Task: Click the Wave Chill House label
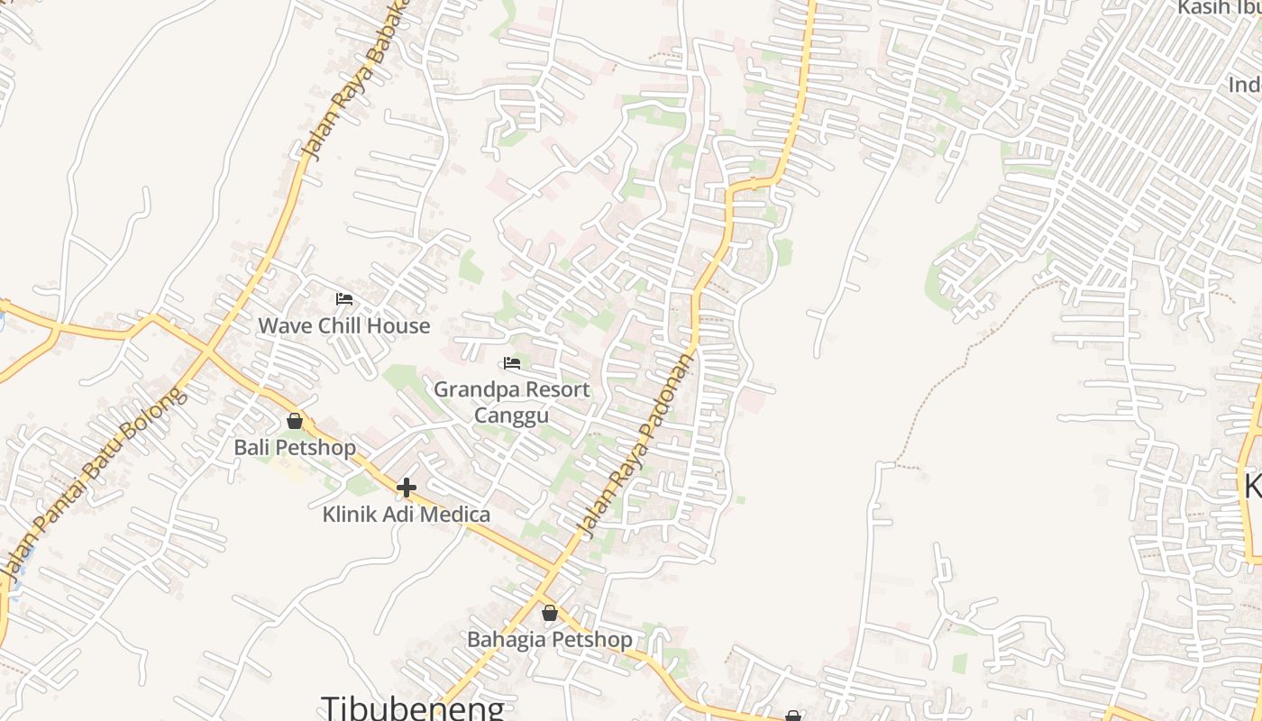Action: [344, 325]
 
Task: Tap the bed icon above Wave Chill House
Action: [344, 298]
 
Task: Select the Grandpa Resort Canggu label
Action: [512, 402]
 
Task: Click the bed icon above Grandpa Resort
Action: [512, 363]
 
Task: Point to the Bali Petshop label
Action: [295, 447]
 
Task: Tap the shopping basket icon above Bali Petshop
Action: [295, 421]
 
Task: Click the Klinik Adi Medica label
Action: [407, 515]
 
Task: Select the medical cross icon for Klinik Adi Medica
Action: [407, 488]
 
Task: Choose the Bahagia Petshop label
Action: [550, 640]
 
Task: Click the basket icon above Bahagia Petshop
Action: [550, 614]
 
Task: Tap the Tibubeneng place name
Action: [413, 707]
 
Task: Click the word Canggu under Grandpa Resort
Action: [511, 415]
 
